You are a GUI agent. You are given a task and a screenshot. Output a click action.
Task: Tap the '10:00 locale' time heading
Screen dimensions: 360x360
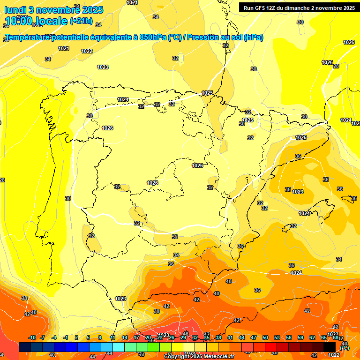pos(36,21)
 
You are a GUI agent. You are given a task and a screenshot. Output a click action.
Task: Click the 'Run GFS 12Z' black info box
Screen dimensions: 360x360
pos(298,7)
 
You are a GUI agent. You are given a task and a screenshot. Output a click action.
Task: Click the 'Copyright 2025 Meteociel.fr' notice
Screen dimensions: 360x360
pos(199,357)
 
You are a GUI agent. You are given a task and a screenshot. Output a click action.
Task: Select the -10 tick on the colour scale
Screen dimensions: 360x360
pos(32,337)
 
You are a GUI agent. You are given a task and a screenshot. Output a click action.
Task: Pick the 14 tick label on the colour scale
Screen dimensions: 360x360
pos(125,337)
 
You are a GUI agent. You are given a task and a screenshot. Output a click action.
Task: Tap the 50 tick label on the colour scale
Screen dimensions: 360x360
pos(265,337)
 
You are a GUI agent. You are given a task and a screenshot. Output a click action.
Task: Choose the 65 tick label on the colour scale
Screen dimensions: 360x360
pos(324,337)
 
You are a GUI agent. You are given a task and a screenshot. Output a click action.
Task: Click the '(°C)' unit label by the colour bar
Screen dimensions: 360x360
pos(344,348)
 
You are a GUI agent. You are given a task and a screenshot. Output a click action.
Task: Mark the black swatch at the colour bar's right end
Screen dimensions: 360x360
pos(330,347)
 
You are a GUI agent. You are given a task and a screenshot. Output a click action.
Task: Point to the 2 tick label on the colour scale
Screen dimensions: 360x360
pos(76,337)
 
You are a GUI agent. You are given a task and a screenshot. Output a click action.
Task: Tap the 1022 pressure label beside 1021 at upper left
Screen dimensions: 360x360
pos(87,51)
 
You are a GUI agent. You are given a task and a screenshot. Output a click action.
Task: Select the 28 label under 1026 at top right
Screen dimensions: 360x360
pos(336,66)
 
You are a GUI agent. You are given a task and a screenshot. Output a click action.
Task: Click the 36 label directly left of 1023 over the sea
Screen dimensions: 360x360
pos(288,189)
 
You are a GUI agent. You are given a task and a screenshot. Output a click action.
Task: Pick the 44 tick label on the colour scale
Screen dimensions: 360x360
pos(242,337)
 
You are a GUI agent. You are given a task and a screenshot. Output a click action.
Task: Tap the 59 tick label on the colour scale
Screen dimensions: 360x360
pos(300,337)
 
